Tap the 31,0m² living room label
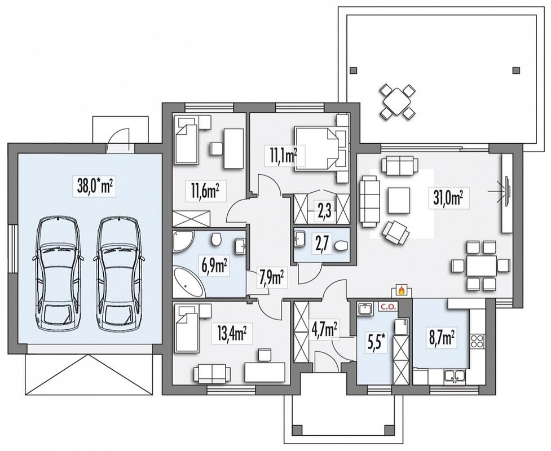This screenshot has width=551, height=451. pos(446,198)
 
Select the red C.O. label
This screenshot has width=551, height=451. pos(387,306)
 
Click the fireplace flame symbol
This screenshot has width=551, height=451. pos(401,290)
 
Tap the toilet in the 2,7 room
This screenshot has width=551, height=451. pos(341,246)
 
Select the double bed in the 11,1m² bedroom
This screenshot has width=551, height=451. pos(317,149)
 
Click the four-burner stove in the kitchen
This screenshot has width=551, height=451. pos(478,341)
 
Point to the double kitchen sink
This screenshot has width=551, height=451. pos(455,376)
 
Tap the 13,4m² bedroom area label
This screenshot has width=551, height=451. pos(232,335)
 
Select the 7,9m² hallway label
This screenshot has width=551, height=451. pos(272,278)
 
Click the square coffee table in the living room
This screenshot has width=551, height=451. pos(399,201)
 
